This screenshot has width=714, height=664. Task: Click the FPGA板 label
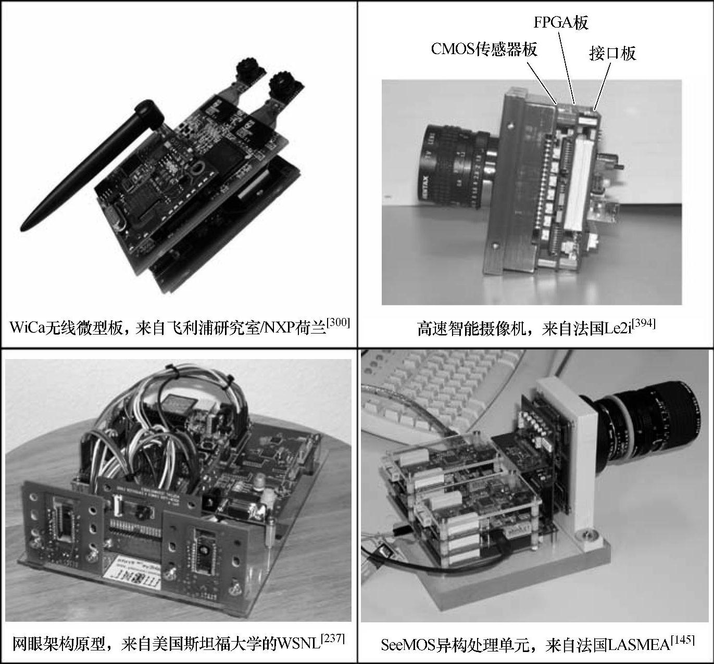[x=560, y=23]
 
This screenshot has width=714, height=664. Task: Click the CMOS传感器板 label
[x=484, y=49]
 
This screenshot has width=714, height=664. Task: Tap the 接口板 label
[x=612, y=53]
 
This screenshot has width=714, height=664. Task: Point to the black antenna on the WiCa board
[x=92, y=165]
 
